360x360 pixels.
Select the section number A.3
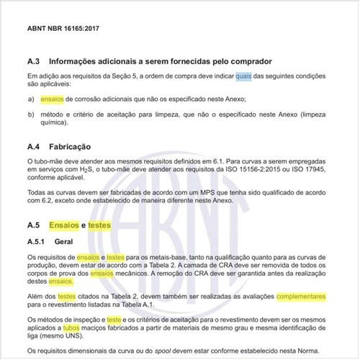pos(35,61)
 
